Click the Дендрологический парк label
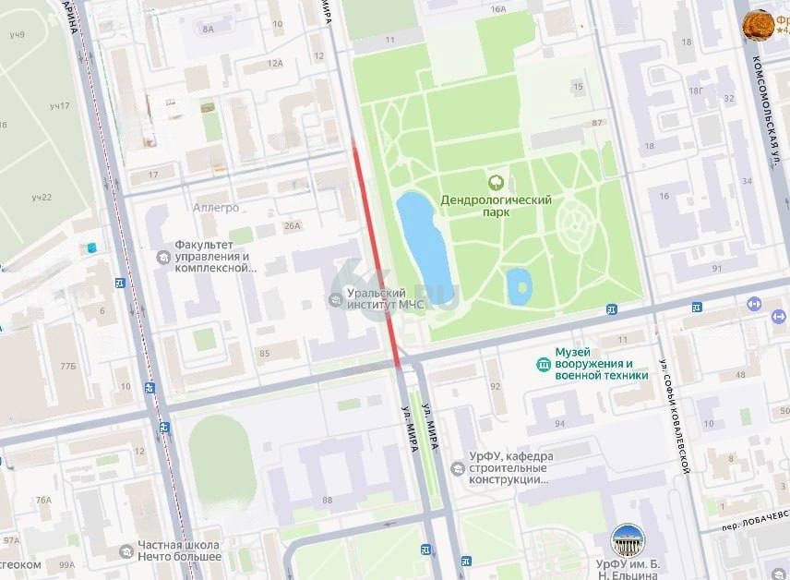tap(496, 206)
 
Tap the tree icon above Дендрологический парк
tap(496, 182)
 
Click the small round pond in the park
tap(519, 285)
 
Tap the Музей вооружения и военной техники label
tap(601, 364)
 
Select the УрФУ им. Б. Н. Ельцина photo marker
tap(628, 540)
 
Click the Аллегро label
tap(217, 208)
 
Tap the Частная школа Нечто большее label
tap(180, 550)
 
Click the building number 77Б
tap(68, 367)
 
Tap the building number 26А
tap(292, 225)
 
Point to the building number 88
tap(327, 500)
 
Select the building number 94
tap(559, 424)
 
